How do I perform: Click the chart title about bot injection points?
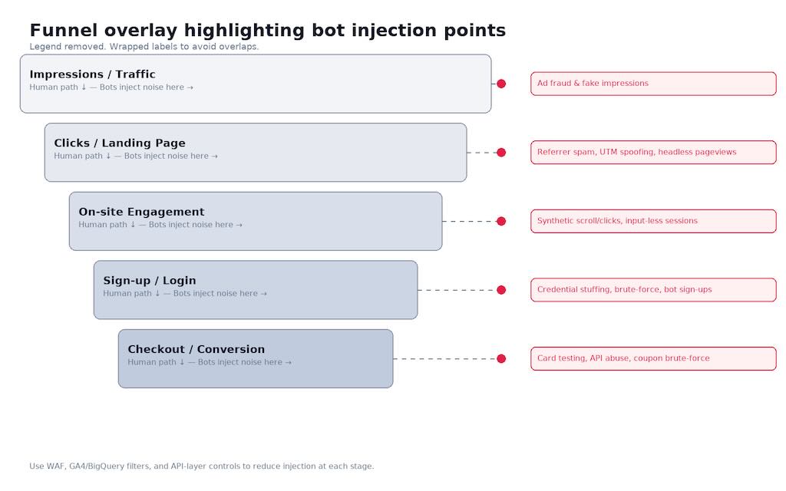pyautogui.click(x=268, y=30)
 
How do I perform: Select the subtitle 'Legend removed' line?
pyautogui.click(x=144, y=47)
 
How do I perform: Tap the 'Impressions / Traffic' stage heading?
pyautogui.click(x=92, y=74)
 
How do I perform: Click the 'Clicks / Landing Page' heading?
pyautogui.click(x=120, y=143)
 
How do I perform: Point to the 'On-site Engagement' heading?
pyautogui.click(x=141, y=212)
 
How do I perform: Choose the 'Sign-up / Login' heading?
pyautogui.click(x=150, y=280)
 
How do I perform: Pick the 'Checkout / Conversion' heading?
pyautogui.click(x=196, y=349)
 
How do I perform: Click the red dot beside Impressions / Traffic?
pyautogui.click(x=501, y=84)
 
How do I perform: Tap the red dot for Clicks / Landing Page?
pyautogui.click(x=501, y=153)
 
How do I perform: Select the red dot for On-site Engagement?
pyautogui.click(x=501, y=221)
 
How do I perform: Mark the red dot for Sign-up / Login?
pyautogui.click(x=501, y=289)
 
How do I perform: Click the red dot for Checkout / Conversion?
pyautogui.click(x=501, y=358)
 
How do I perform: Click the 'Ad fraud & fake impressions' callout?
pyautogui.click(x=654, y=84)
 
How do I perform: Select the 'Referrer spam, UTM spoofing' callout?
pyautogui.click(x=654, y=153)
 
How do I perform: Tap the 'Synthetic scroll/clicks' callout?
pyautogui.click(x=654, y=221)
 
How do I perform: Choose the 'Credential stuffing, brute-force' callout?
pyautogui.click(x=654, y=289)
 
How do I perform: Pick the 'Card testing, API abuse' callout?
pyautogui.click(x=654, y=358)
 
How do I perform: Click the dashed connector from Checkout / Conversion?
pyautogui.click(x=445, y=359)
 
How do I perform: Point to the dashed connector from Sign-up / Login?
pyautogui.click(x=457, y=290)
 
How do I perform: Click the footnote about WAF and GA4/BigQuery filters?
pyautogui.click(x=202, y=466)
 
